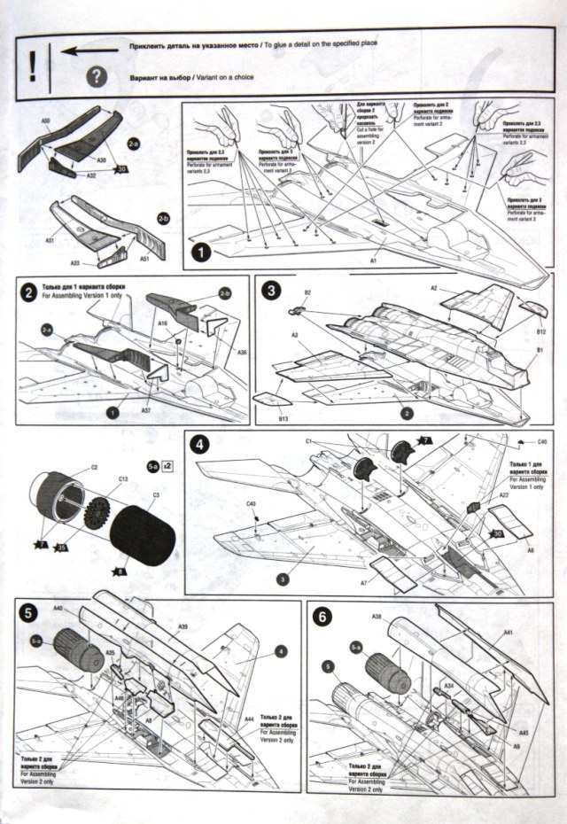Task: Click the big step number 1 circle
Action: click(x=201, y=253)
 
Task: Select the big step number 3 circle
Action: click(x=270, y=291)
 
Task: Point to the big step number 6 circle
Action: click(x=320, y=616)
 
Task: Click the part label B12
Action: click(x=540, y=330)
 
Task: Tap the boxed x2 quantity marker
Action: click(x=167, y=465)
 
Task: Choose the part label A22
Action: click(x=503, y=496)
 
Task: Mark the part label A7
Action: click(x=364, y=583)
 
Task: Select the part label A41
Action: click(x=509, y=632)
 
